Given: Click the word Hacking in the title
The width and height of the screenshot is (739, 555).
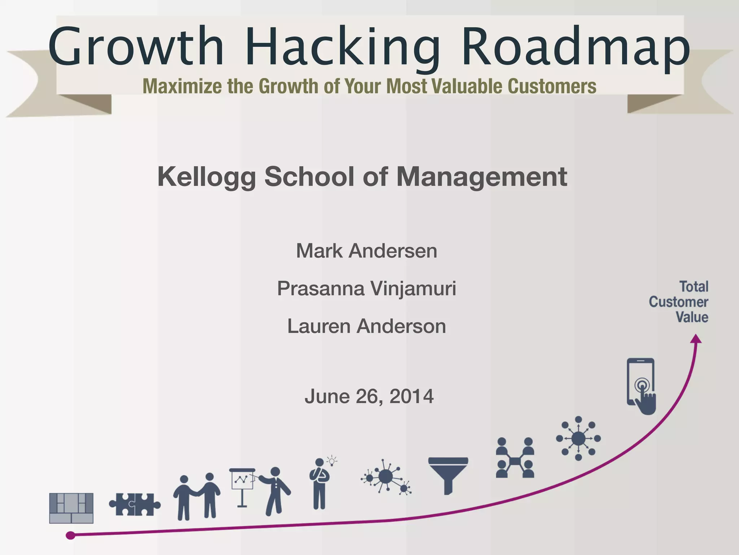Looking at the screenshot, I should [343, 47].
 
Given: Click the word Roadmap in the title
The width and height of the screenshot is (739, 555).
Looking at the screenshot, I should [576, 47].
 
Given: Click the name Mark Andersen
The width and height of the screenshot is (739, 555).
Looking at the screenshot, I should [366, 251].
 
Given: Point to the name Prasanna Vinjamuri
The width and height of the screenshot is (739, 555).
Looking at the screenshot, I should [366, 289].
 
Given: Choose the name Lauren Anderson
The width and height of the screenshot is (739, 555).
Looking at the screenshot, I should [366, 326].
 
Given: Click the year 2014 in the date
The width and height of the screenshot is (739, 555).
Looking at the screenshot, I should [411, 396].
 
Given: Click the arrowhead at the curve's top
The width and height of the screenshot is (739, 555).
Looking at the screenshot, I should [696, 339].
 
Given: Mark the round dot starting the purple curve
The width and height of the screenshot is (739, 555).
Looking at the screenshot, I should [71, 535].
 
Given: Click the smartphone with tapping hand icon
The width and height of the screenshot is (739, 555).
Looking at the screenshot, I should [641, 386].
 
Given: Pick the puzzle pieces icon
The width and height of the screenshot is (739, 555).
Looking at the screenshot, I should [135, 504].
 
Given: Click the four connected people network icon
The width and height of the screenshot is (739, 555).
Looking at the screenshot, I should [515, 458].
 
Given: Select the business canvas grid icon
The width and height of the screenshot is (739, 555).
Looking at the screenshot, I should [71, 508].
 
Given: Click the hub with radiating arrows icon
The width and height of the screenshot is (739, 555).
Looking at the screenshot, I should [578, 438].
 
